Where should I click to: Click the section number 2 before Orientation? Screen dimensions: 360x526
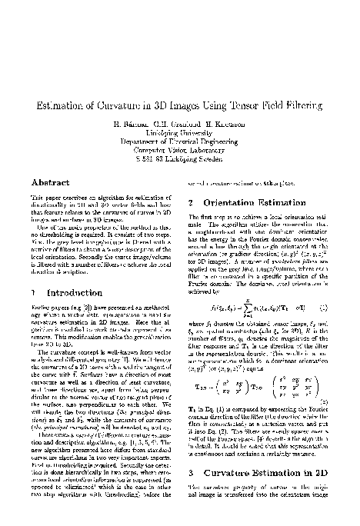pyautogui.click(x=192, y=204)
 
